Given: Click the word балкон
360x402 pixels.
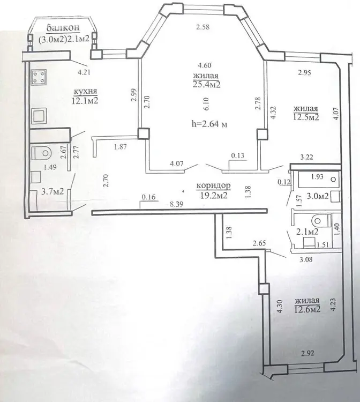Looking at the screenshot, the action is [63, 27].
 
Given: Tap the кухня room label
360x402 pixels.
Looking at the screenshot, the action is [85, 91].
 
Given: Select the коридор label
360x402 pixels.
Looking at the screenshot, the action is [213, 185].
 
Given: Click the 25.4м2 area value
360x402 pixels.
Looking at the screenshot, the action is [207, 84].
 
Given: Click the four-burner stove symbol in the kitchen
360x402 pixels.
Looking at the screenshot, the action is [39, 77].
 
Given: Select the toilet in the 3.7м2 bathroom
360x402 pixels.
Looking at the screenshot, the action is [41, 153].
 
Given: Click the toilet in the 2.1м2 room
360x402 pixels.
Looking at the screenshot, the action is [321, 220].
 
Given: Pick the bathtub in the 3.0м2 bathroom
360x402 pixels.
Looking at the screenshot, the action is [318, 178].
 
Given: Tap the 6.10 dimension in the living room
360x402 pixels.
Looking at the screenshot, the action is [207, 103].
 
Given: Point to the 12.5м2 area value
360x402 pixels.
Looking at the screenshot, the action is [306, 117].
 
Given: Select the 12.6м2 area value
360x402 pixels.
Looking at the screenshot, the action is [307, 309].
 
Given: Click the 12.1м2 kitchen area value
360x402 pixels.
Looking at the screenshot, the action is [85, 101].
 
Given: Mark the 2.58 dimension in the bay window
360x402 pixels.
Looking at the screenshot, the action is [203, 27].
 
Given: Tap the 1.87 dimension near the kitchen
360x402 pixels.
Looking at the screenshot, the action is [121, 147].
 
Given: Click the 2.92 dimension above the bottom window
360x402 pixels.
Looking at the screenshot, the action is [307, 354].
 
